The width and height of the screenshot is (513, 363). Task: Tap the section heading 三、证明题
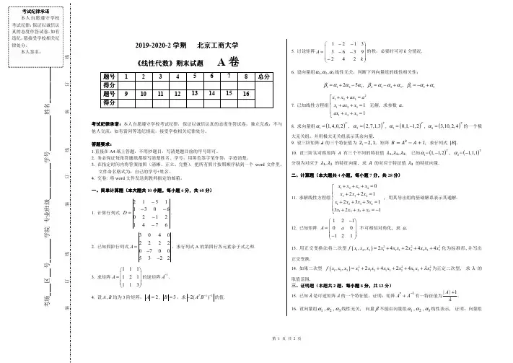306,284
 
